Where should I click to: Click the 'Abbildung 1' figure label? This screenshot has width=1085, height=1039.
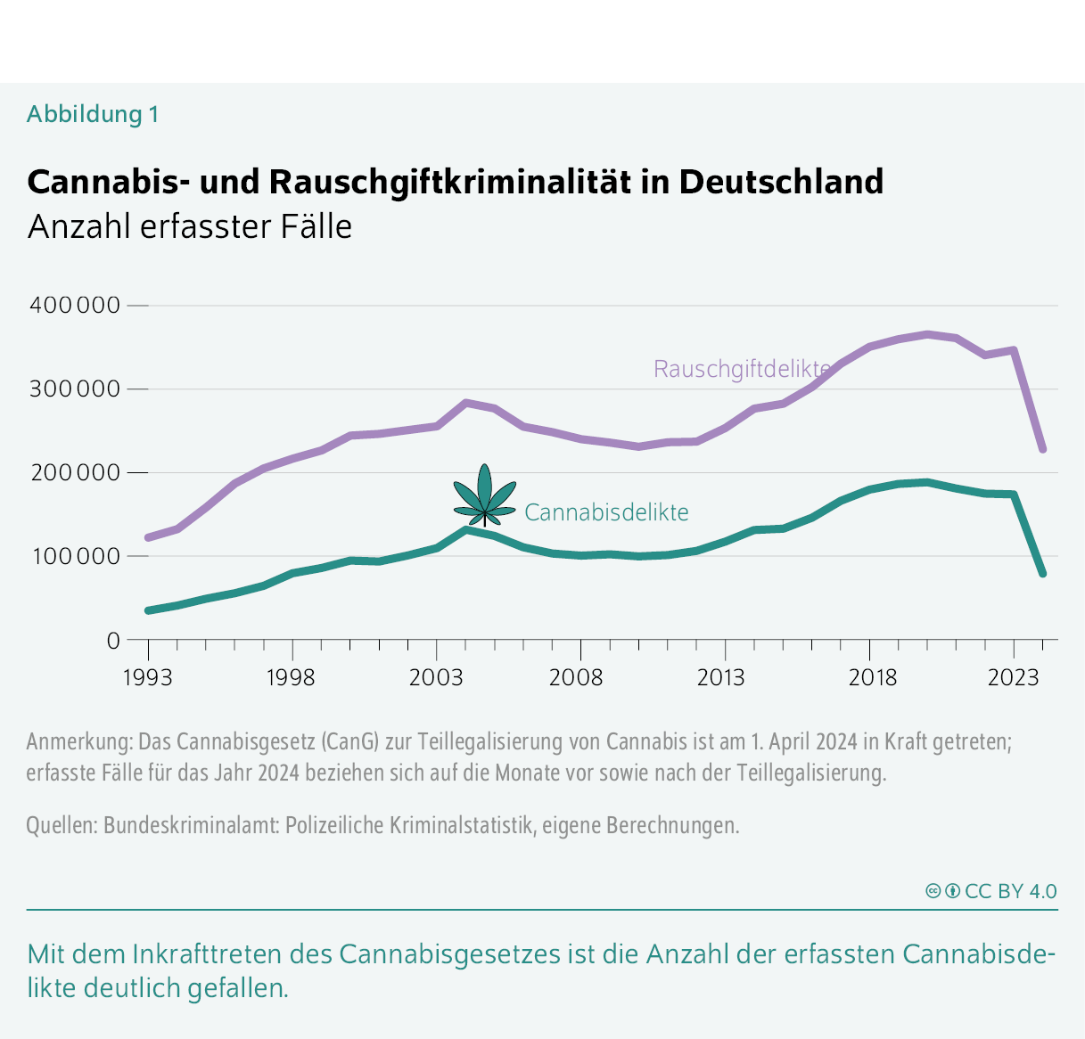point(93,114)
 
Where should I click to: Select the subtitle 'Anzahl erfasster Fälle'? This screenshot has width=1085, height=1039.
point(190,226)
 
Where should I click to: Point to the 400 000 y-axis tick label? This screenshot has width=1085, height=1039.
point(75,305)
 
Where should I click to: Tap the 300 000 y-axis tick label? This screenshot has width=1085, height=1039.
point(75,389)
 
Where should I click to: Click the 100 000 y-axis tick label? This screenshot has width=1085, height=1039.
point(75,556)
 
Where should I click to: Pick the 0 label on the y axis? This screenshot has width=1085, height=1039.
point(112,640)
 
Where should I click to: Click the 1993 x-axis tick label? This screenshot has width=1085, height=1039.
point(147,678)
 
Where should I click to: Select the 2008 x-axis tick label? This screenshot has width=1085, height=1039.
point(576,678)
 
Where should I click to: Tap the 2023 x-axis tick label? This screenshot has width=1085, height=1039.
point(1013,678)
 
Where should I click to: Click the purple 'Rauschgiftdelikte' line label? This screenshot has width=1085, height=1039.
point(742,369)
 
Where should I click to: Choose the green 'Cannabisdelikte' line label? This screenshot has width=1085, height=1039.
point(606,512)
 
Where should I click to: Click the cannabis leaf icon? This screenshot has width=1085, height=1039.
point(484,495)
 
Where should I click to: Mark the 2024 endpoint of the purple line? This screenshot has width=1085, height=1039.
point(1042,449)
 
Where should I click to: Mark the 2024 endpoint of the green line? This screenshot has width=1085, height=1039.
point(1042,574)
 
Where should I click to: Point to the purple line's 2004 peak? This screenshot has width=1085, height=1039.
point(466,403)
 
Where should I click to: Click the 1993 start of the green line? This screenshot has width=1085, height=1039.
point(148,610)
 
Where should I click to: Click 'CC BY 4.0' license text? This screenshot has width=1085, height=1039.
point(1010,891)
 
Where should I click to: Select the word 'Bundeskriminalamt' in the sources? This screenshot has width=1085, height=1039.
point(191,825)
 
